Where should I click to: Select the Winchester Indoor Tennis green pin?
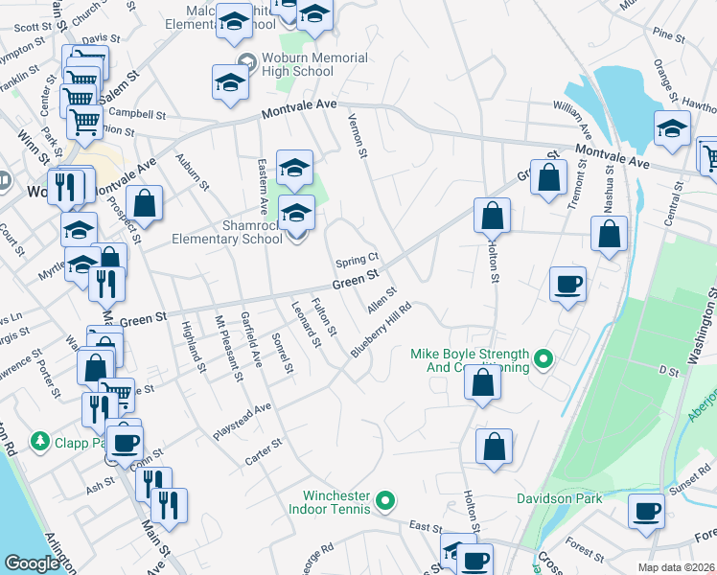point(384,499)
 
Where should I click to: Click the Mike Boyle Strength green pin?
point(544,360)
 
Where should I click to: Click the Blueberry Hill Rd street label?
point(381,331)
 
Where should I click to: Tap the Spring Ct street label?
point(358,261)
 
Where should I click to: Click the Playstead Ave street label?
point(243,420)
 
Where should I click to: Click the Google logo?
point(32,563)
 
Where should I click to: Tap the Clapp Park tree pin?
point(39,441)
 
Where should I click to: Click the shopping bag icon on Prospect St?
point(144,203)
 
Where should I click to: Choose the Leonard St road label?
point(306,323)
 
